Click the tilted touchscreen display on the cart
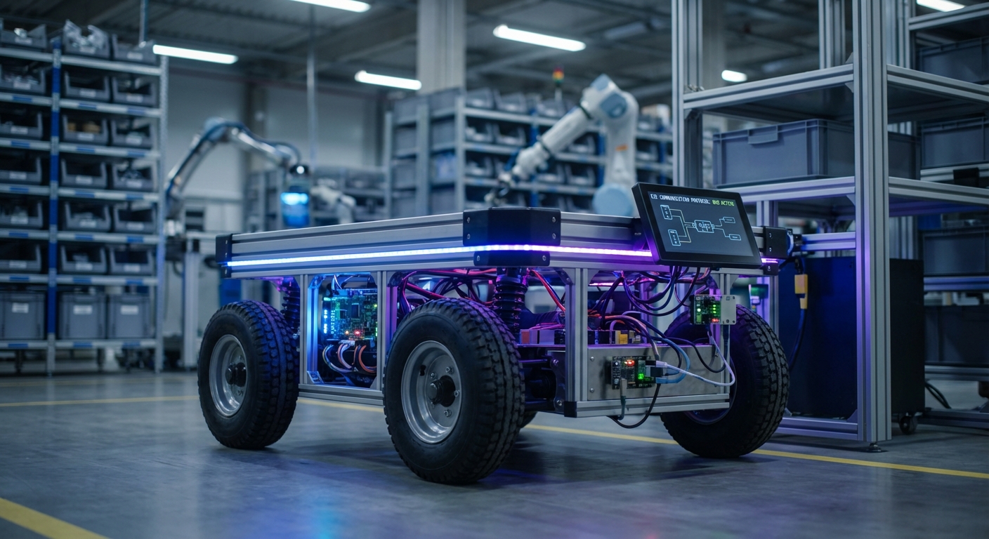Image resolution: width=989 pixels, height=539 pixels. pyautogui.click(x=695, y=225)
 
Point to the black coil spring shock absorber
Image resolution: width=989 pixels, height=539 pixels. pyautogui.click(x=510, y=298)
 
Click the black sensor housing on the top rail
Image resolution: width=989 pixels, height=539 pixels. pyautogui.click(x=511, y=236)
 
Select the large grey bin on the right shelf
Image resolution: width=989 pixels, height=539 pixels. pyautogui.click(x=815, y=152)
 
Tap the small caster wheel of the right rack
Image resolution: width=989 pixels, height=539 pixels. pyautogui.click(x=907, y=423)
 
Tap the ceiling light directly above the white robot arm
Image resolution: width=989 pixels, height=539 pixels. pyautogui.click(x=539, y=38)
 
